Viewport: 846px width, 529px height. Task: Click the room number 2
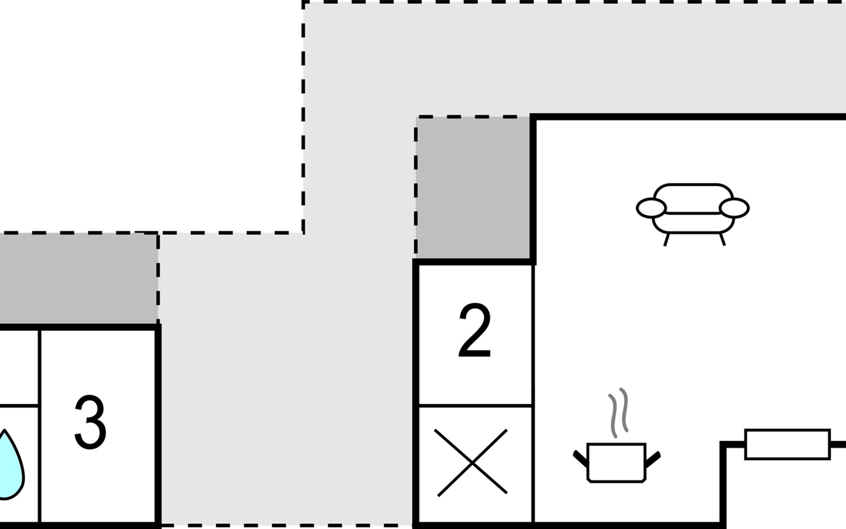[x=475, y=331]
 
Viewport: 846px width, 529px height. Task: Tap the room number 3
[x=90, y=422]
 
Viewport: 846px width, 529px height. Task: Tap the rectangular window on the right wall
[x=787, y=444]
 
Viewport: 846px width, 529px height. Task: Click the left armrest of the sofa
[x=651, y=208]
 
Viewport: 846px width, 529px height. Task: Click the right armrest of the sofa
[x=734, y=208]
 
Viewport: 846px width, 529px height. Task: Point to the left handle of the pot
[x=581, y=458]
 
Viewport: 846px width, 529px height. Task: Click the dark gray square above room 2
[x=474, y=187]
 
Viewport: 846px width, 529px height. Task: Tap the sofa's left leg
[x=666, y=239]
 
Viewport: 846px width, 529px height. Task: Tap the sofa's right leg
[x=722, y=239]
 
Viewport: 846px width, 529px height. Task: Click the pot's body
[x=616, y=463]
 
